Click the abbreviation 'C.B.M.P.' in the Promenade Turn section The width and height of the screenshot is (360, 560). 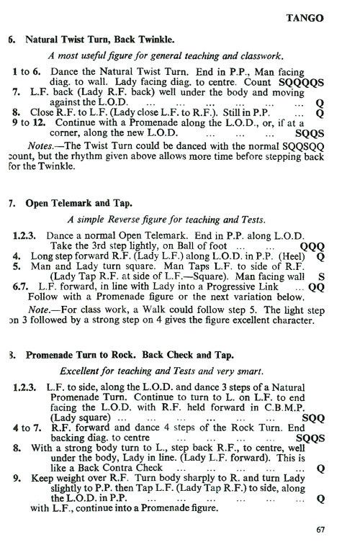tap(305, 407)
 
